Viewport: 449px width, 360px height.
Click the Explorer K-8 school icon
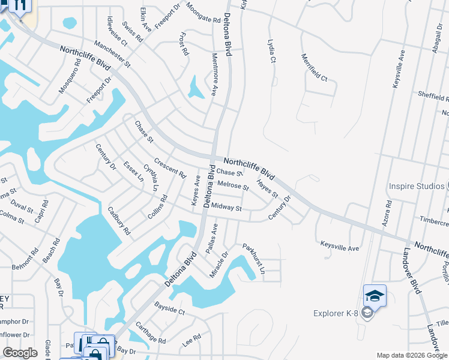(x=375, y=296)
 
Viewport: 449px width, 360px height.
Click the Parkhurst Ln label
(x=254, y=259)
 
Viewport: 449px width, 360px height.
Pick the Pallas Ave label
(x=211, y=237)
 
